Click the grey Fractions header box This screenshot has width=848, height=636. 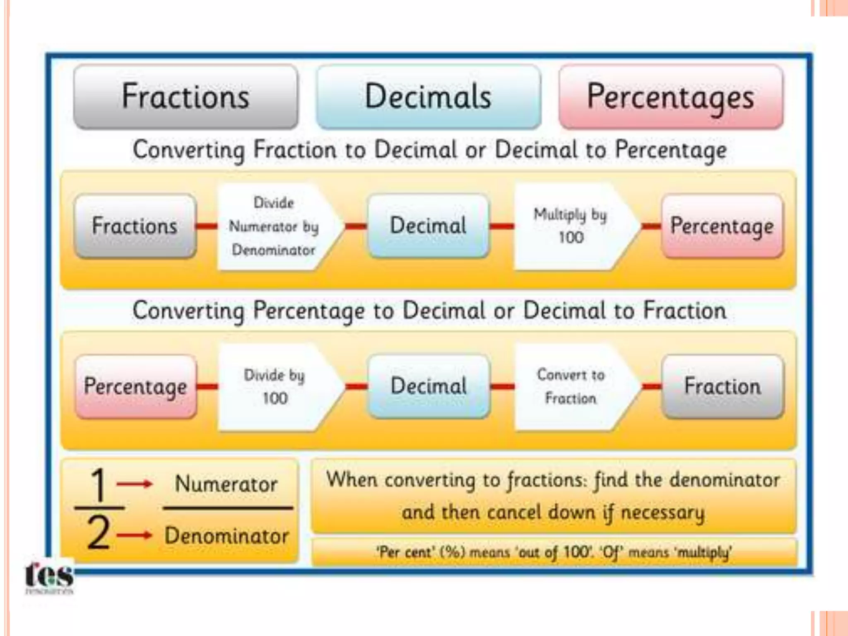[x=186, y=96]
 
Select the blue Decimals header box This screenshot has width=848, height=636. [x=428, y=96]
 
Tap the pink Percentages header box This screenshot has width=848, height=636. [x=671, y=96]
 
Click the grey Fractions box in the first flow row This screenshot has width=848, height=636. [x=135, y=226]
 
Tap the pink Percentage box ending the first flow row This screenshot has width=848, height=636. [x=722, y=226]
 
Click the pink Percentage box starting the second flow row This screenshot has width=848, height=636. [x=135, y=386]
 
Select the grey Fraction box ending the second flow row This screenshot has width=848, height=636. [x=723, y=386]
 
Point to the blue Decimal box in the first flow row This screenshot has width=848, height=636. [x=429, y=226]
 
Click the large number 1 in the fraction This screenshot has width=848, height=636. [x=99, y=484]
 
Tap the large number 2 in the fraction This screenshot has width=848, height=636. [x=99, y=533]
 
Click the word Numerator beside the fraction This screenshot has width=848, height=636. [x=226, y=484]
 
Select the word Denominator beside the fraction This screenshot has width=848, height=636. [x=226, y=536]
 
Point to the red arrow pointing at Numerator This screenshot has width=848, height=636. [x=135, y=484]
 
